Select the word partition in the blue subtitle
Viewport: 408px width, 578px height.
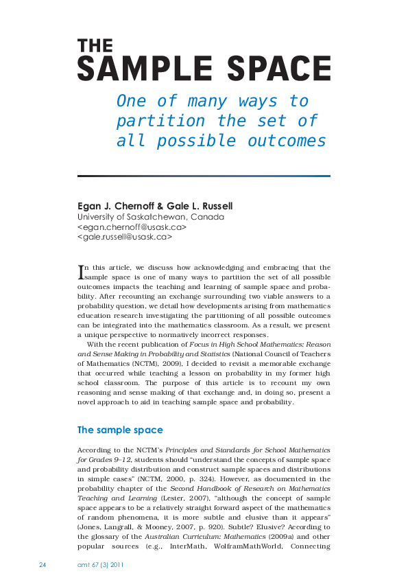pyautogui.click(x=161, y=121)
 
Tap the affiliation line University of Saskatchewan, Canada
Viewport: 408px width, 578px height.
pyautogui.click(x=151, y=217)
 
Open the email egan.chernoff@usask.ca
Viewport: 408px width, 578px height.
pyautogui.click(x=132, y=227)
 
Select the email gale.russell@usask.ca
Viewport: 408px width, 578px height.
pyautogui.click(x=125, y=237)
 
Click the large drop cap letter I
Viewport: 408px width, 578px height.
pyautogui.click(x=81, y=272)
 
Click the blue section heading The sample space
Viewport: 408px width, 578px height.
pyautogui.click(x=120, y=430)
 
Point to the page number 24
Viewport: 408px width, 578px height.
pyautogui.click(x=43, y=564)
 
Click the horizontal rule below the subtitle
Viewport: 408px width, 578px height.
pyautogui.click(x=204, y=176)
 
